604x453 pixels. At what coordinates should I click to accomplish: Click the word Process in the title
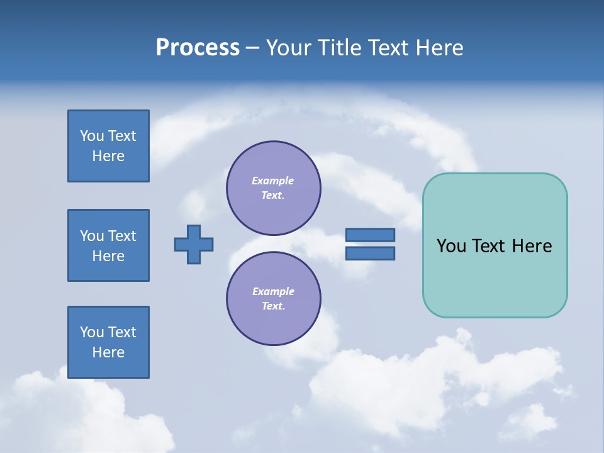coord(198,48)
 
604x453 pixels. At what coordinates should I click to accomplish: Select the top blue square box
coord(108,146)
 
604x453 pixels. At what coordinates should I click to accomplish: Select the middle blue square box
coord(108,245)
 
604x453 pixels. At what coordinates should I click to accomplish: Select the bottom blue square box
coord(108,342)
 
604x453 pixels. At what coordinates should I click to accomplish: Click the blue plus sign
coord(194,244)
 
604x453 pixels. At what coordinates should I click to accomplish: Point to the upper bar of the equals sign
coord(370,235)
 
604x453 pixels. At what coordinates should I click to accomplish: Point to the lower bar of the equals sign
coord(370,253)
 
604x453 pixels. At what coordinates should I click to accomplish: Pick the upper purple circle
coord(274,187)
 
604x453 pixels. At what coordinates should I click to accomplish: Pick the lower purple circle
coord(274,298)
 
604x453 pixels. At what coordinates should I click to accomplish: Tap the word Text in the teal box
coord(489,246)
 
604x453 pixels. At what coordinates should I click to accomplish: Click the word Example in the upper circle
coord(273,181)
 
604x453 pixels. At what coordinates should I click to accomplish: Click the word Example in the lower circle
coord(273,291)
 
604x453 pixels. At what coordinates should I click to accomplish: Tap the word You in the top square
coord(92,136)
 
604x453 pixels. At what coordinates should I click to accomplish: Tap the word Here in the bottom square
coord(108,352)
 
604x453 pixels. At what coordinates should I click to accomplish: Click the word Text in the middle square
coord(122,236)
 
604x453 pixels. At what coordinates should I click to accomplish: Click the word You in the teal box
coord(451,246)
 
